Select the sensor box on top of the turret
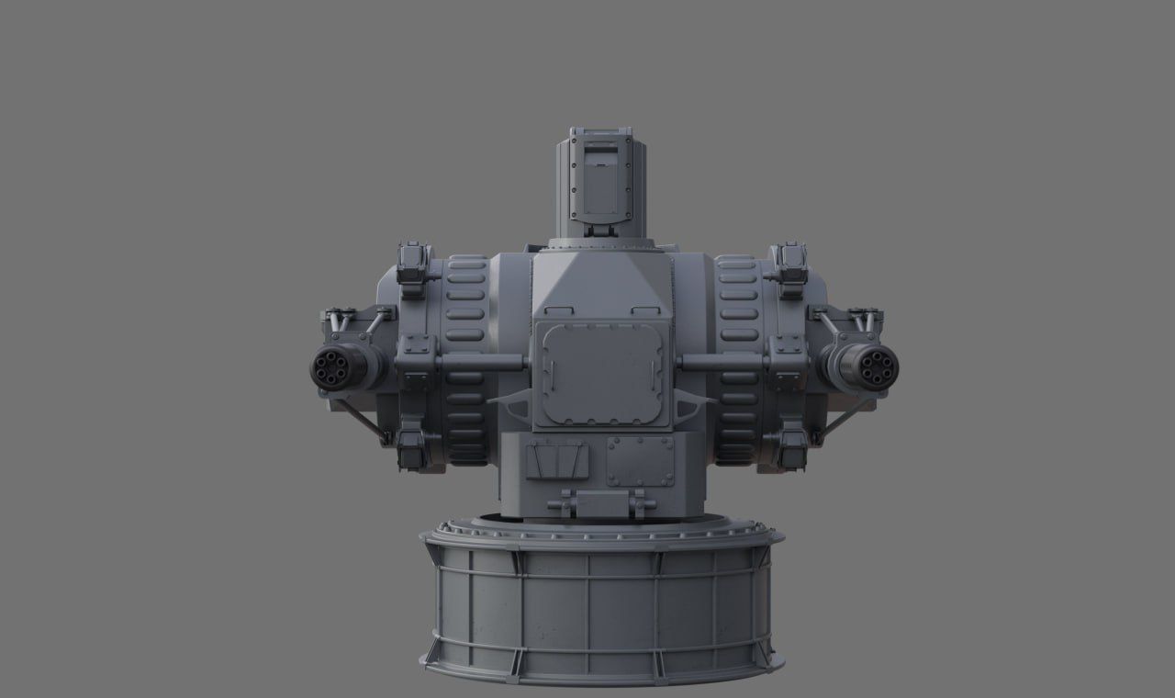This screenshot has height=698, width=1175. (x=602, y=182)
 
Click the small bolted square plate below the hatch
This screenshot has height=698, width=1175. (x=639, y=461)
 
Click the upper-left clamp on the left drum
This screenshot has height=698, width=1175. (x=412, y=267)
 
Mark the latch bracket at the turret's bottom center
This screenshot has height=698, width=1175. (x=601, y=503)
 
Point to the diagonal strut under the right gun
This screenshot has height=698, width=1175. (x=843, y=419)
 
